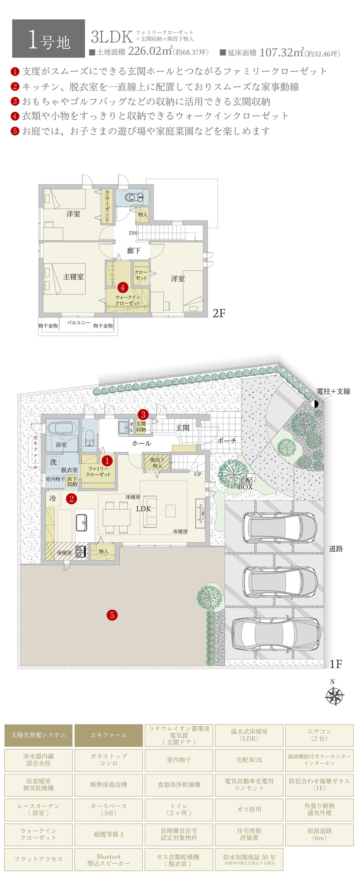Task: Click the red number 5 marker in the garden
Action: click(112, 615)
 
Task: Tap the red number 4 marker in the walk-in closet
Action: click(122, 287)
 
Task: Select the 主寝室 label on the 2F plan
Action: click(73, 277)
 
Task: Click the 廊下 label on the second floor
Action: click(133, 250)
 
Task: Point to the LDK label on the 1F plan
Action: click(143, 508)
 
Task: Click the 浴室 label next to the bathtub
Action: click(61, 444)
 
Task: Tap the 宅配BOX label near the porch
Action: click(245, 484)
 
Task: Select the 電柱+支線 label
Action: click(333, 391)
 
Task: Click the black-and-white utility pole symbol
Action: click(315, 404)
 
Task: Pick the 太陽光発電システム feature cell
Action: click(38, 735)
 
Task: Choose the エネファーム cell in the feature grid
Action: click(108, 735)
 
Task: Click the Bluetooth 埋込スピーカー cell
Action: click(108, 860)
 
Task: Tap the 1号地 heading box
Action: click(49, 39)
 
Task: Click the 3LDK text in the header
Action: click(111, 37)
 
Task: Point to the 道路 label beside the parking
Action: click(335, 548)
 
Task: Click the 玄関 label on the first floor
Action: click(182, 428)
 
